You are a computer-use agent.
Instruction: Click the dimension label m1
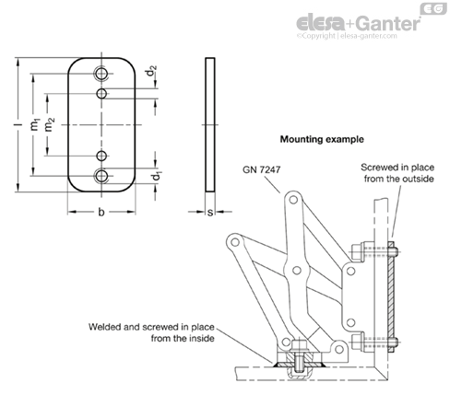[x=35, y=124]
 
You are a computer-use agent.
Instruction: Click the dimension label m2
[x=49, y=124]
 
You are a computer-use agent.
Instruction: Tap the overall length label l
[x=19, y=124]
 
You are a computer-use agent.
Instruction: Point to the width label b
[x=101, y=212]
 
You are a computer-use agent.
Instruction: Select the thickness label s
[x=210, y=213]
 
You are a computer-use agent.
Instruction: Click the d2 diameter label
[x=151, y=71]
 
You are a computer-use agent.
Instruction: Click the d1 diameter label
[x=156, y=177]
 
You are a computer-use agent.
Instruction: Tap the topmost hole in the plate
[x=101, y=74]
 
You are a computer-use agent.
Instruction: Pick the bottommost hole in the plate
[x=101, y=176]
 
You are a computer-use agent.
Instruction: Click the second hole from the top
[x=101, y=93]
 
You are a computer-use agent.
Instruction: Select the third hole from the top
[x=101, y=156]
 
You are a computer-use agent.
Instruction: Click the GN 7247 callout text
[x=261, y=169]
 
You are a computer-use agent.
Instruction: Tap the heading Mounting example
[x=322, y=139]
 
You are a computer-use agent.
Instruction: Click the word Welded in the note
[x=104, y=327]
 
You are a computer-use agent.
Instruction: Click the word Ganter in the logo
[x=389, y=24]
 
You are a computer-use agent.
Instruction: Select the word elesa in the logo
[x=321, y=24]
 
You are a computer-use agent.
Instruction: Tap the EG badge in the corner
[x=433, y=9]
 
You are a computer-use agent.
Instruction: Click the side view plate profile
[x=210, y=124]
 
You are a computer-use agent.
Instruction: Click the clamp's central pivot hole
[x=297, y=271]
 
